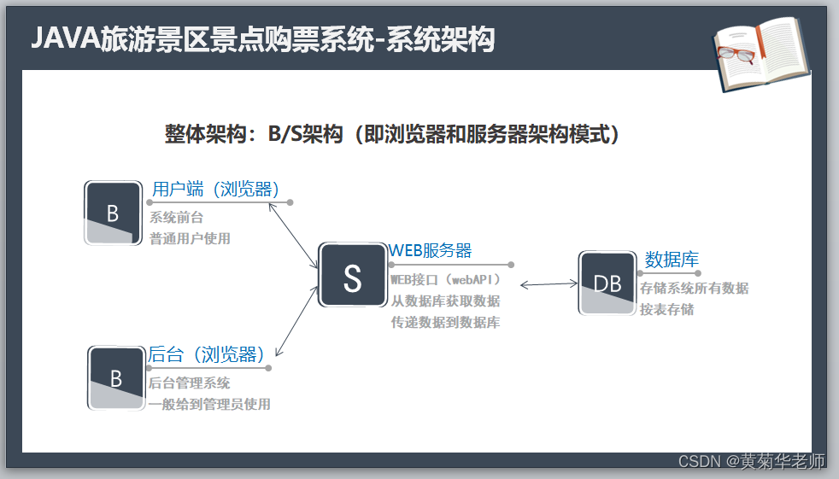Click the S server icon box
coord(352,276)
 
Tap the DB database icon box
coord(607,283)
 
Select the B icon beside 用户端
coord(113,213)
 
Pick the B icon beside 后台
coord(116,377)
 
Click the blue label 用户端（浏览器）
coord(216,189)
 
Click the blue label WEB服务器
coord(431,250)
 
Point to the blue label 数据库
coord(672,259)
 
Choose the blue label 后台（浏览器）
coord(207,353)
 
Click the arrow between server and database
coord(549,284)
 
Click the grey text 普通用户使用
coord(190,238)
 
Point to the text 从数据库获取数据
coord(445,301)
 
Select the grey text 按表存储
coord(666,309)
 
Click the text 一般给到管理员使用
coord(209,404)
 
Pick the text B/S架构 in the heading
coord(305,134)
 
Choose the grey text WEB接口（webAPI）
coord(445,279)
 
